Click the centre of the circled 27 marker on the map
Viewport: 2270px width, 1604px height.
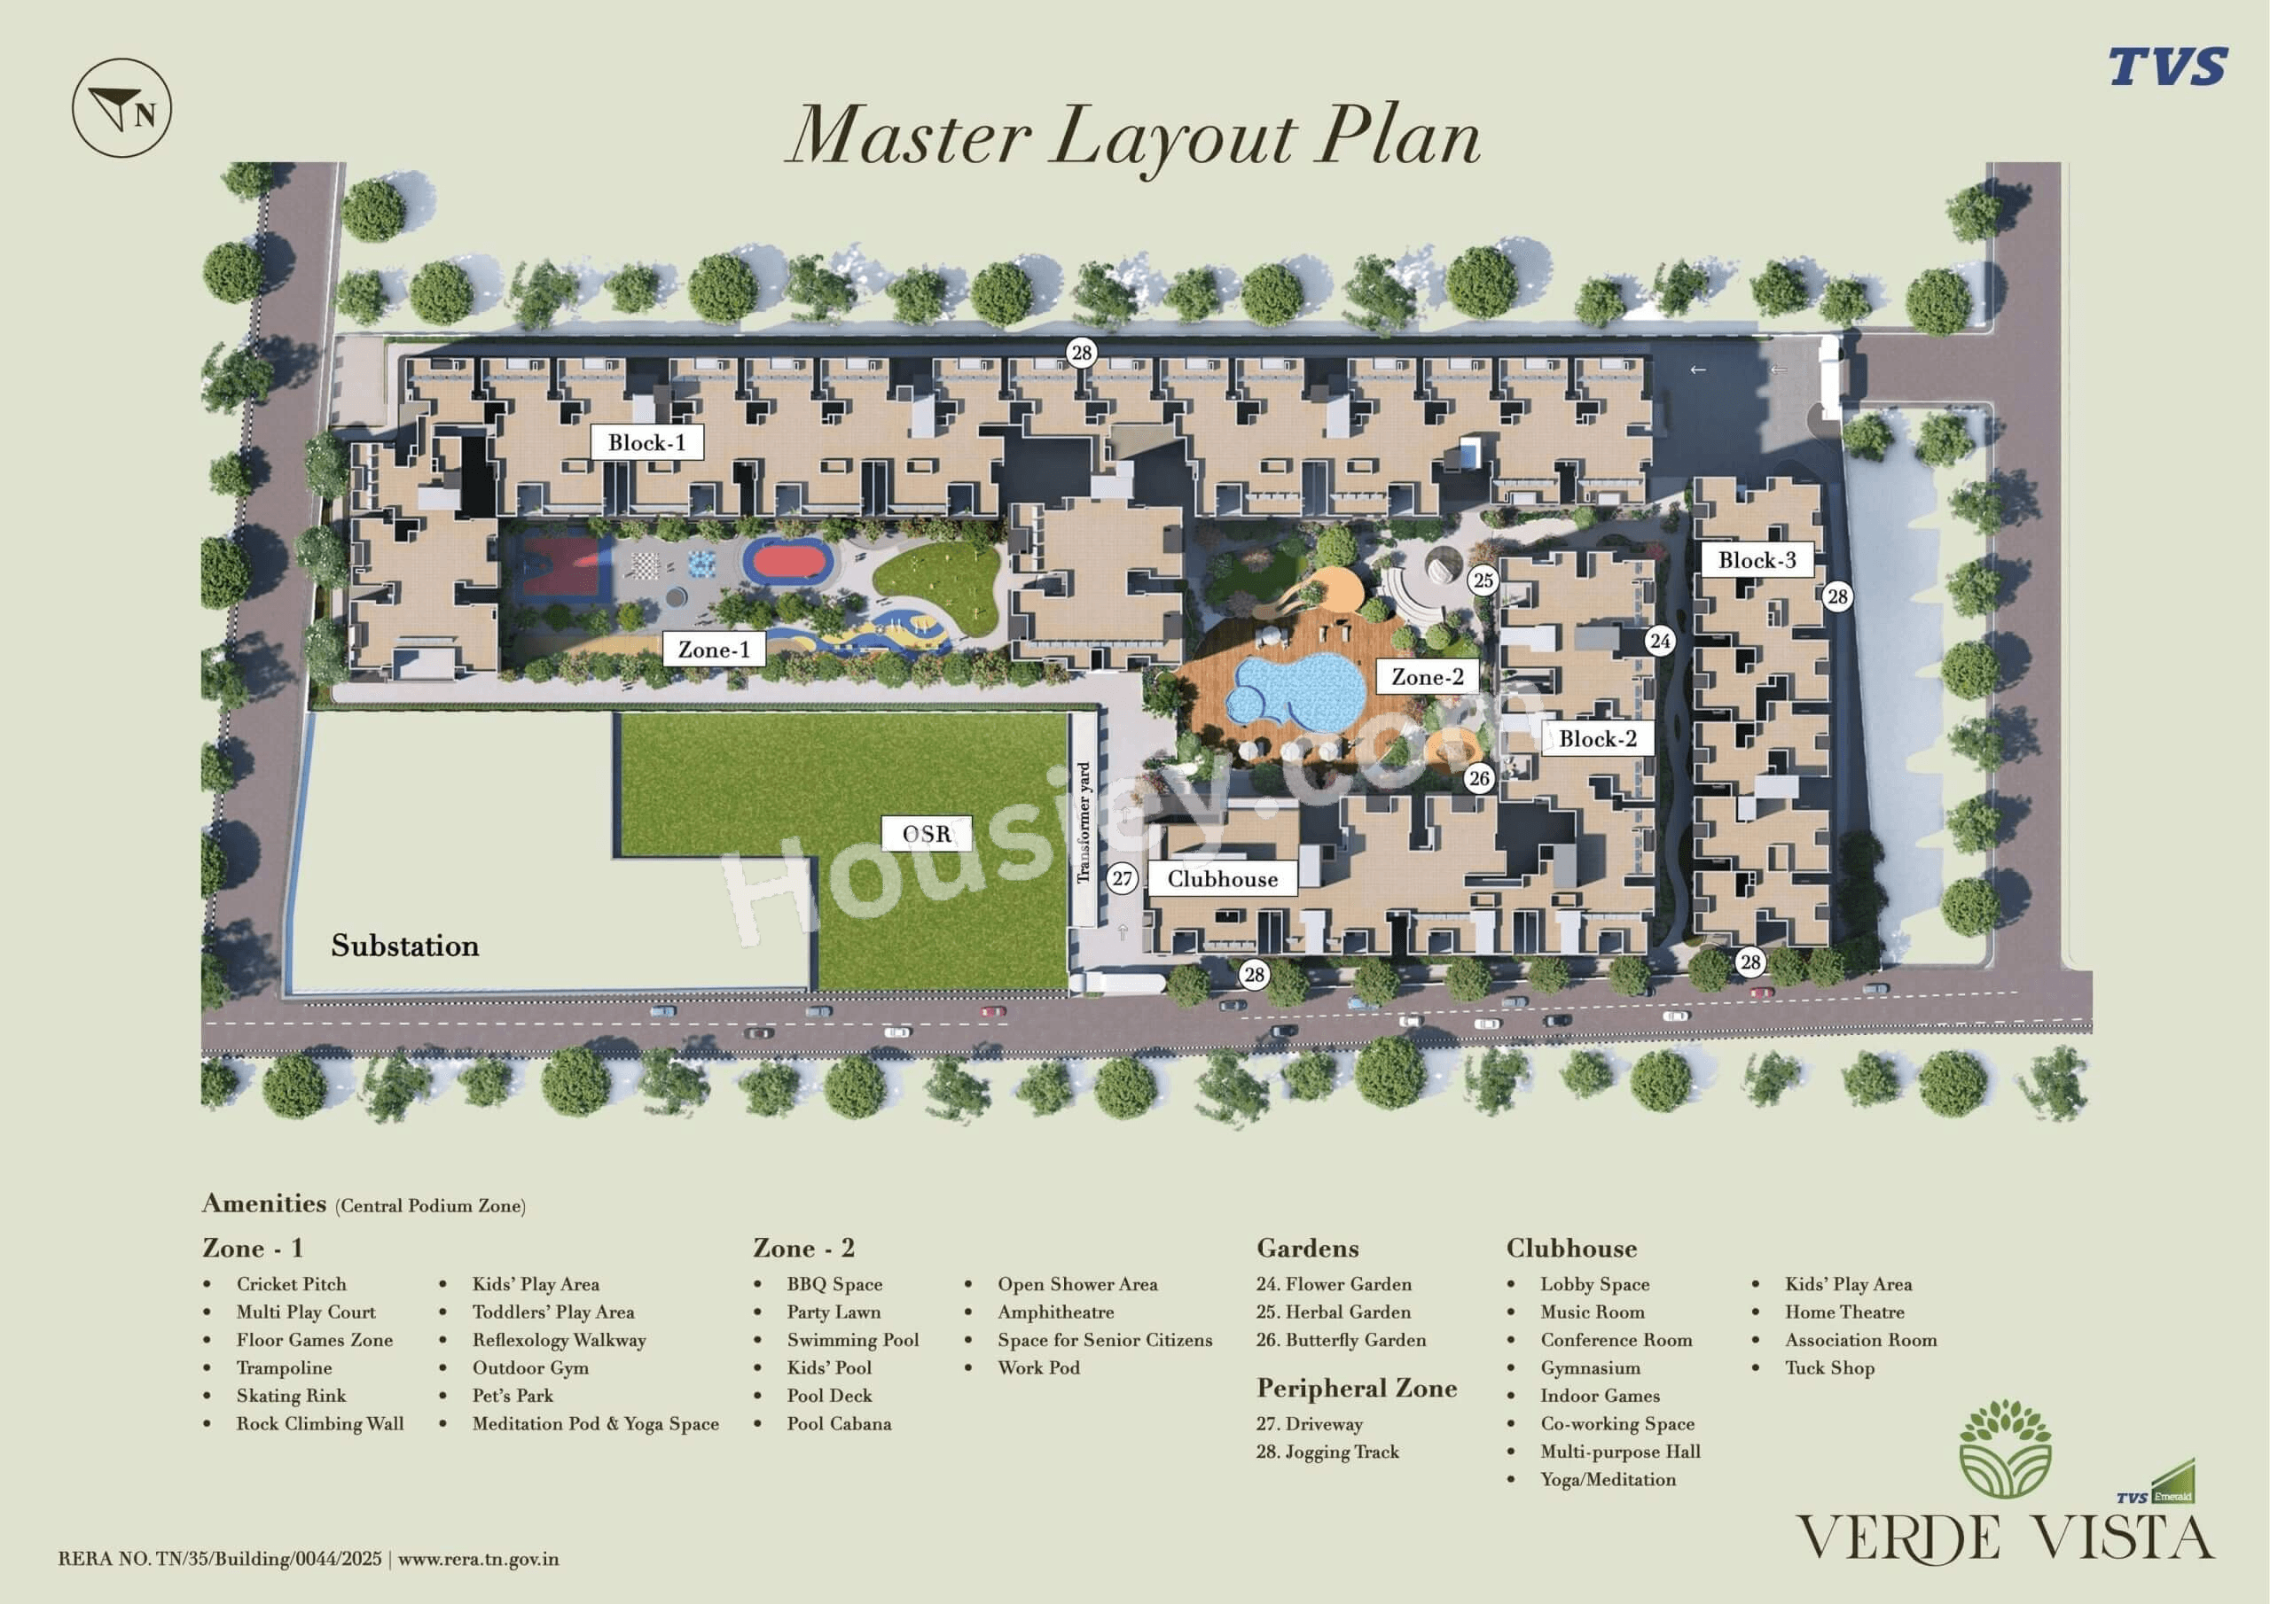click(x=1121, y=877)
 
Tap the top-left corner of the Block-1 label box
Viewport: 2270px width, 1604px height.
click(x=591, y=425)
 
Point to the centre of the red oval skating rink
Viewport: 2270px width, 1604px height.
click(x=788, y=561)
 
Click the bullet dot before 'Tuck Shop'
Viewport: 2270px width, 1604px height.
click(x=1756, y=1367)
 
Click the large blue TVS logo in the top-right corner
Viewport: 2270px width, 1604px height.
click(x=2167, y=67)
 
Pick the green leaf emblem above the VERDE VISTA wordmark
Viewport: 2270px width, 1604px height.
click(x=2004, y=1448)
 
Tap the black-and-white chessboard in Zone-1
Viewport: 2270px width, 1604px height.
click(x=645, y=566)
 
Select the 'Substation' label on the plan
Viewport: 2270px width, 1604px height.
click(x=404, y=946)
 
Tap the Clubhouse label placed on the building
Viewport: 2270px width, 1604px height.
click(x=1222, y=878)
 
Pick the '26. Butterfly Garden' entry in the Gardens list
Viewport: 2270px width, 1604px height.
click(x=1341, y=1340)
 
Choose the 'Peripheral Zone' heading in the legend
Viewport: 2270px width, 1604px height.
click(x=1357, y=1389)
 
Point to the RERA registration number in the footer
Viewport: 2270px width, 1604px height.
click(x=220, y=1560)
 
